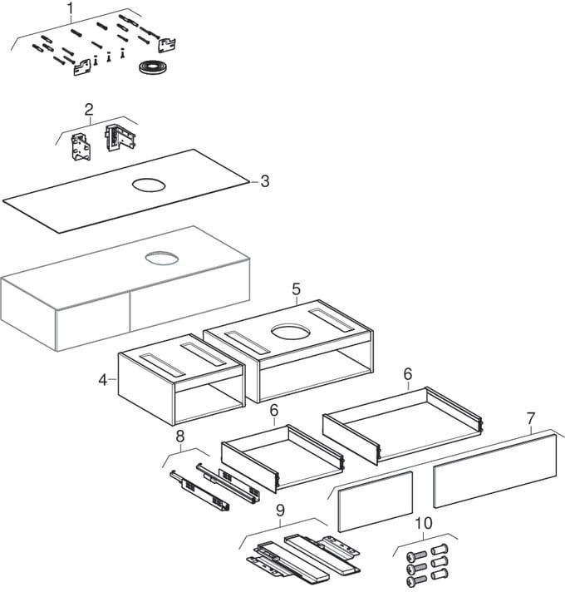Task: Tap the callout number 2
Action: click(x=89, y=110)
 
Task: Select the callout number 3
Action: click(x=265, y=181)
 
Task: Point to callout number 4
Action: click(x=102, y=380)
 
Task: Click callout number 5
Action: click(x=296, y=289)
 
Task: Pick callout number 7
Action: click(x=531, y=418)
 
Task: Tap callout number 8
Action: click(x=180, y=437)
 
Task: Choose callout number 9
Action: click(x=280, y=511)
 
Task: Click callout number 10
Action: click(x=424, y=523)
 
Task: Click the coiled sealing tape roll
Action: click(x=152, y=68)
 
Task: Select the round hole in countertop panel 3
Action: click(x=149, y=185)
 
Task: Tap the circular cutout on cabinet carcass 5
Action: click(x=291, y=331)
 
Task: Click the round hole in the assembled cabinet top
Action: click(x=161, y=259)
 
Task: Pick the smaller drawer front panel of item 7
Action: click(x=376, y=501)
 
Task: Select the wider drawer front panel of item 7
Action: click(x=495, y=471)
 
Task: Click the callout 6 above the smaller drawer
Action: click(x=274, y=410)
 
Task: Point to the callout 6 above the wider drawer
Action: click(x=408, y=374)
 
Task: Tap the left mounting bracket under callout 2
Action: click(x=81, y=148)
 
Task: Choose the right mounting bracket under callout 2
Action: click(x=120, y=138)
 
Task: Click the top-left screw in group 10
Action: click(x=416, y=556)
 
